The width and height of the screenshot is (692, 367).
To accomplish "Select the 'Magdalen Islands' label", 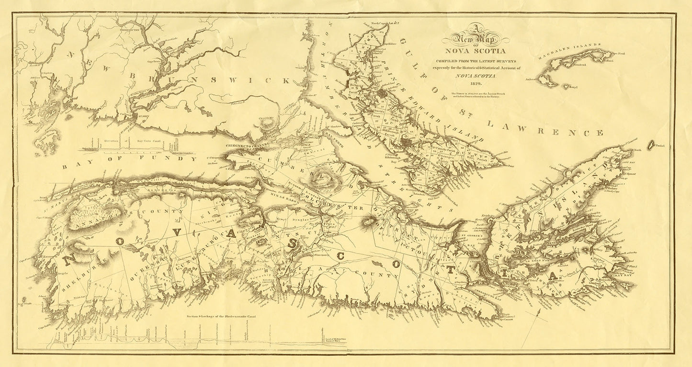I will [x=570, y=48].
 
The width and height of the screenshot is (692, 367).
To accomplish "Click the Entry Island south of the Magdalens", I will [x=567, y=87].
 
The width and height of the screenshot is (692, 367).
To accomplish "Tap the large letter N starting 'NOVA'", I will [x=68, y=260].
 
